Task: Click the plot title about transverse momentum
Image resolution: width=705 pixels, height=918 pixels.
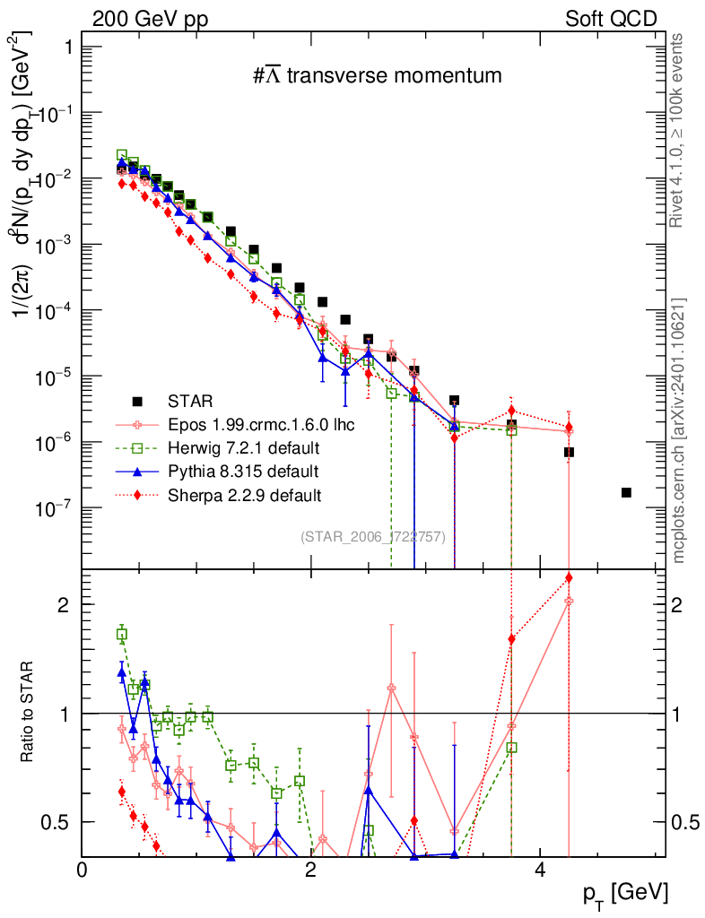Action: pos(377,76)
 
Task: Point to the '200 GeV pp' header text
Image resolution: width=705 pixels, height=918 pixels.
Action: pos(149,19)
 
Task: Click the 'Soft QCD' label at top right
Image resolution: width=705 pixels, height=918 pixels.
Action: pos(611,19)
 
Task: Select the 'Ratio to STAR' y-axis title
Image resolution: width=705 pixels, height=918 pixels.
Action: pos(30,712)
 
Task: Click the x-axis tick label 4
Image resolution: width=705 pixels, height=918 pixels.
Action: pos(540,870)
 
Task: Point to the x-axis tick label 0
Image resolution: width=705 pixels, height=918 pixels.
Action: pos(83,870)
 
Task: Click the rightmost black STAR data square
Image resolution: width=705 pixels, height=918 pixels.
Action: pos(626,492)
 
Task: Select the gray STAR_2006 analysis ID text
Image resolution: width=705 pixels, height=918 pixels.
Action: pos(372,537)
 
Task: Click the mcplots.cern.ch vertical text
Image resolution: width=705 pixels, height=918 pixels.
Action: pos(679,430)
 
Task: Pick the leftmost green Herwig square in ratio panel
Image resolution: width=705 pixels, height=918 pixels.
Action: pos(122,634)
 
